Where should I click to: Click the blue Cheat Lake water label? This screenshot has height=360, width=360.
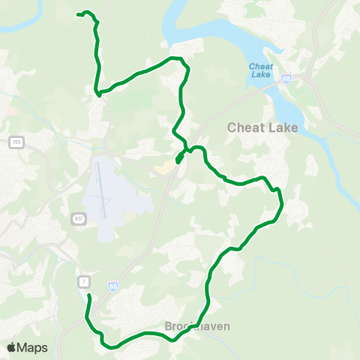pos(259,70)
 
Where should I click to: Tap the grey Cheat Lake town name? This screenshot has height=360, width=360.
pos(262,127)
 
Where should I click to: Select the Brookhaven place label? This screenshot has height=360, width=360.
pos(197,327)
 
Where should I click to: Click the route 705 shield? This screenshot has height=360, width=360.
pos(16,142)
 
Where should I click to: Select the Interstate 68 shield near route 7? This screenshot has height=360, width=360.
pos(112,286)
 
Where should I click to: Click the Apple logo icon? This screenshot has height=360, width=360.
pos(12,347)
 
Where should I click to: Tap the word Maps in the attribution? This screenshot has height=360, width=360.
pos(32,347)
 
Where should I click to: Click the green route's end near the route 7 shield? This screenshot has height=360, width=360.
pos(88,296)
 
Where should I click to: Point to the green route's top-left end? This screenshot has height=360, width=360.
pos(78,13)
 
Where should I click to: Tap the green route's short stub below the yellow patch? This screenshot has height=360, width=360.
pos(178,160)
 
